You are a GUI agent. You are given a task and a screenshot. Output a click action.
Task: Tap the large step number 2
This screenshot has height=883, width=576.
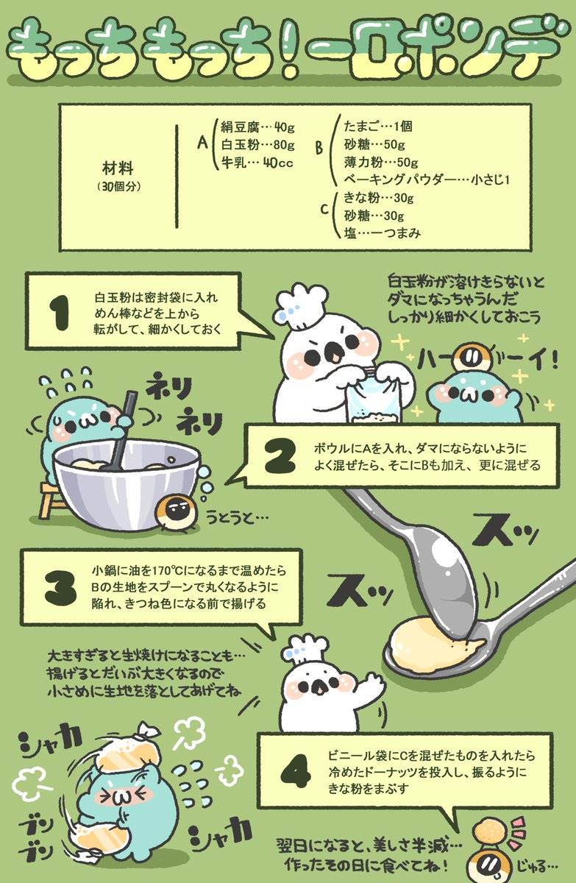click(280, 456)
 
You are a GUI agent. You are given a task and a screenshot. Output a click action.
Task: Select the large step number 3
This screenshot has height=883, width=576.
click(60, 589)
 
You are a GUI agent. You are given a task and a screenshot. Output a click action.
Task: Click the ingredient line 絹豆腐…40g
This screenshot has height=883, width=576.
click(257, 127)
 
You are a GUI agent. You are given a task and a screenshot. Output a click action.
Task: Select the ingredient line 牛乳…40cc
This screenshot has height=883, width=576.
click(257, 163)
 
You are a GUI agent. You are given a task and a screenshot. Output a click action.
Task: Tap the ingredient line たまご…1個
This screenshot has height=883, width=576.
click(378, 126)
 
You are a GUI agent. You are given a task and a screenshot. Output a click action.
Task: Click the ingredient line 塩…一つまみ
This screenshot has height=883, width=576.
click(382, 233)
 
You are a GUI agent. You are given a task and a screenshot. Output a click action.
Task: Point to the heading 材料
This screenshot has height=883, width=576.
click(118, 169)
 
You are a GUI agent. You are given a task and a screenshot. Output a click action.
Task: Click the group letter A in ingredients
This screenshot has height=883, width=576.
click(202, 143)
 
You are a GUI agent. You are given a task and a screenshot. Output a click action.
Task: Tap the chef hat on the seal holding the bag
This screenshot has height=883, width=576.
click(302, 307)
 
